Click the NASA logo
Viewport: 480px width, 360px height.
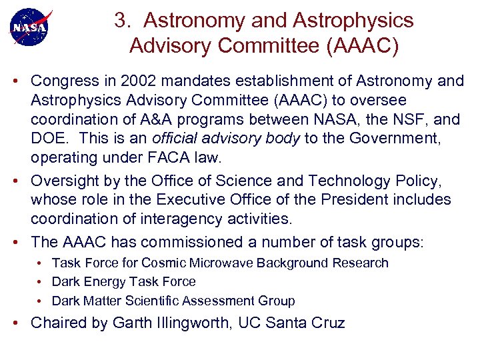point(29,27)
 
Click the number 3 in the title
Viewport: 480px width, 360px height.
point(120,21)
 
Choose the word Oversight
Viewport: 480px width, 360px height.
point(62,180)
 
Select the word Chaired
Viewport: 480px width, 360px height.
point(59,324)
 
